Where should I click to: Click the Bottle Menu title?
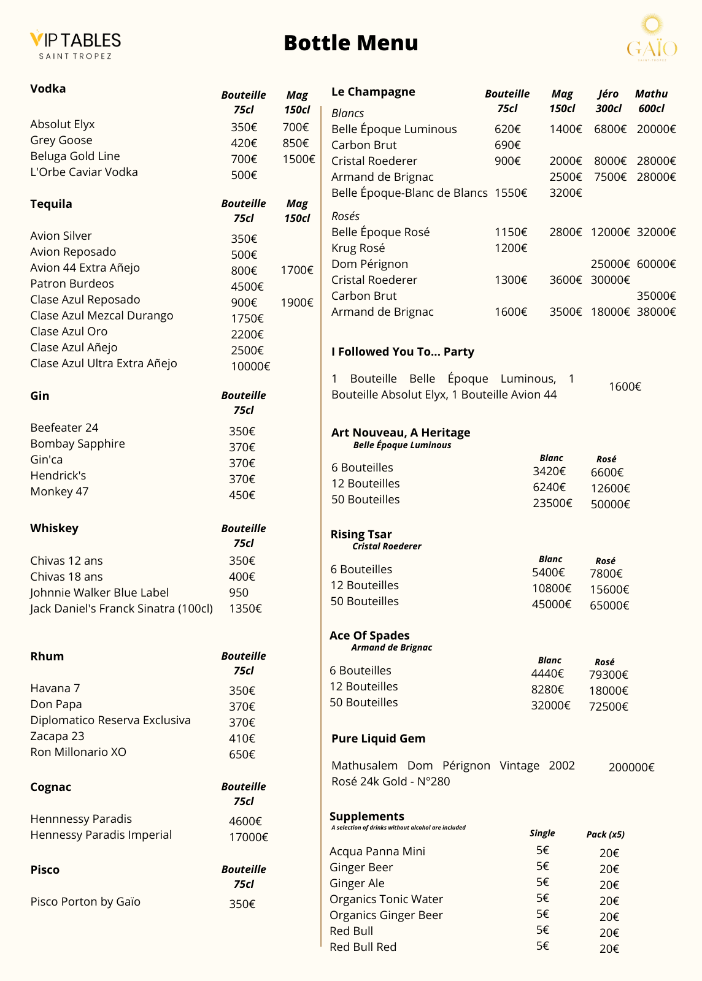point(350,43)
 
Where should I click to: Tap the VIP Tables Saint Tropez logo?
point(75,45)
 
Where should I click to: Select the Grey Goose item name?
point(61,140)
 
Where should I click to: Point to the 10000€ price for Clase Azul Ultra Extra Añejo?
point(250,366)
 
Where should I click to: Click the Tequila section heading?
point(51,204)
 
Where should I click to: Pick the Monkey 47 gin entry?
point(60,492)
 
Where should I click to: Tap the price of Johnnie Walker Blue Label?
point(239,593)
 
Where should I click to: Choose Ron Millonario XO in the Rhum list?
point(78,752)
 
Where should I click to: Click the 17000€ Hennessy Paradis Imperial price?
point(249,837)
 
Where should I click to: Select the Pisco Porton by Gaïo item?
point(85,902)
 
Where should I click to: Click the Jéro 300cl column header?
point(608,101)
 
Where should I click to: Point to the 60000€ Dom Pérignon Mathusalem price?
point(656,264)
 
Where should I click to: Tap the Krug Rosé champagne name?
point(358,248)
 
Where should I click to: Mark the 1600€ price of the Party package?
point(625,387)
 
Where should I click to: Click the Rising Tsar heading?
point(361,535)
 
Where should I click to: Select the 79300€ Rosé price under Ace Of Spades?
point(608,675)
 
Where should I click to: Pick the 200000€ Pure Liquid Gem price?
point(631,768)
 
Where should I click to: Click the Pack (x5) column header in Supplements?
point(605,834)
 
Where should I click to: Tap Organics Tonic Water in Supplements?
point(386,899)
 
